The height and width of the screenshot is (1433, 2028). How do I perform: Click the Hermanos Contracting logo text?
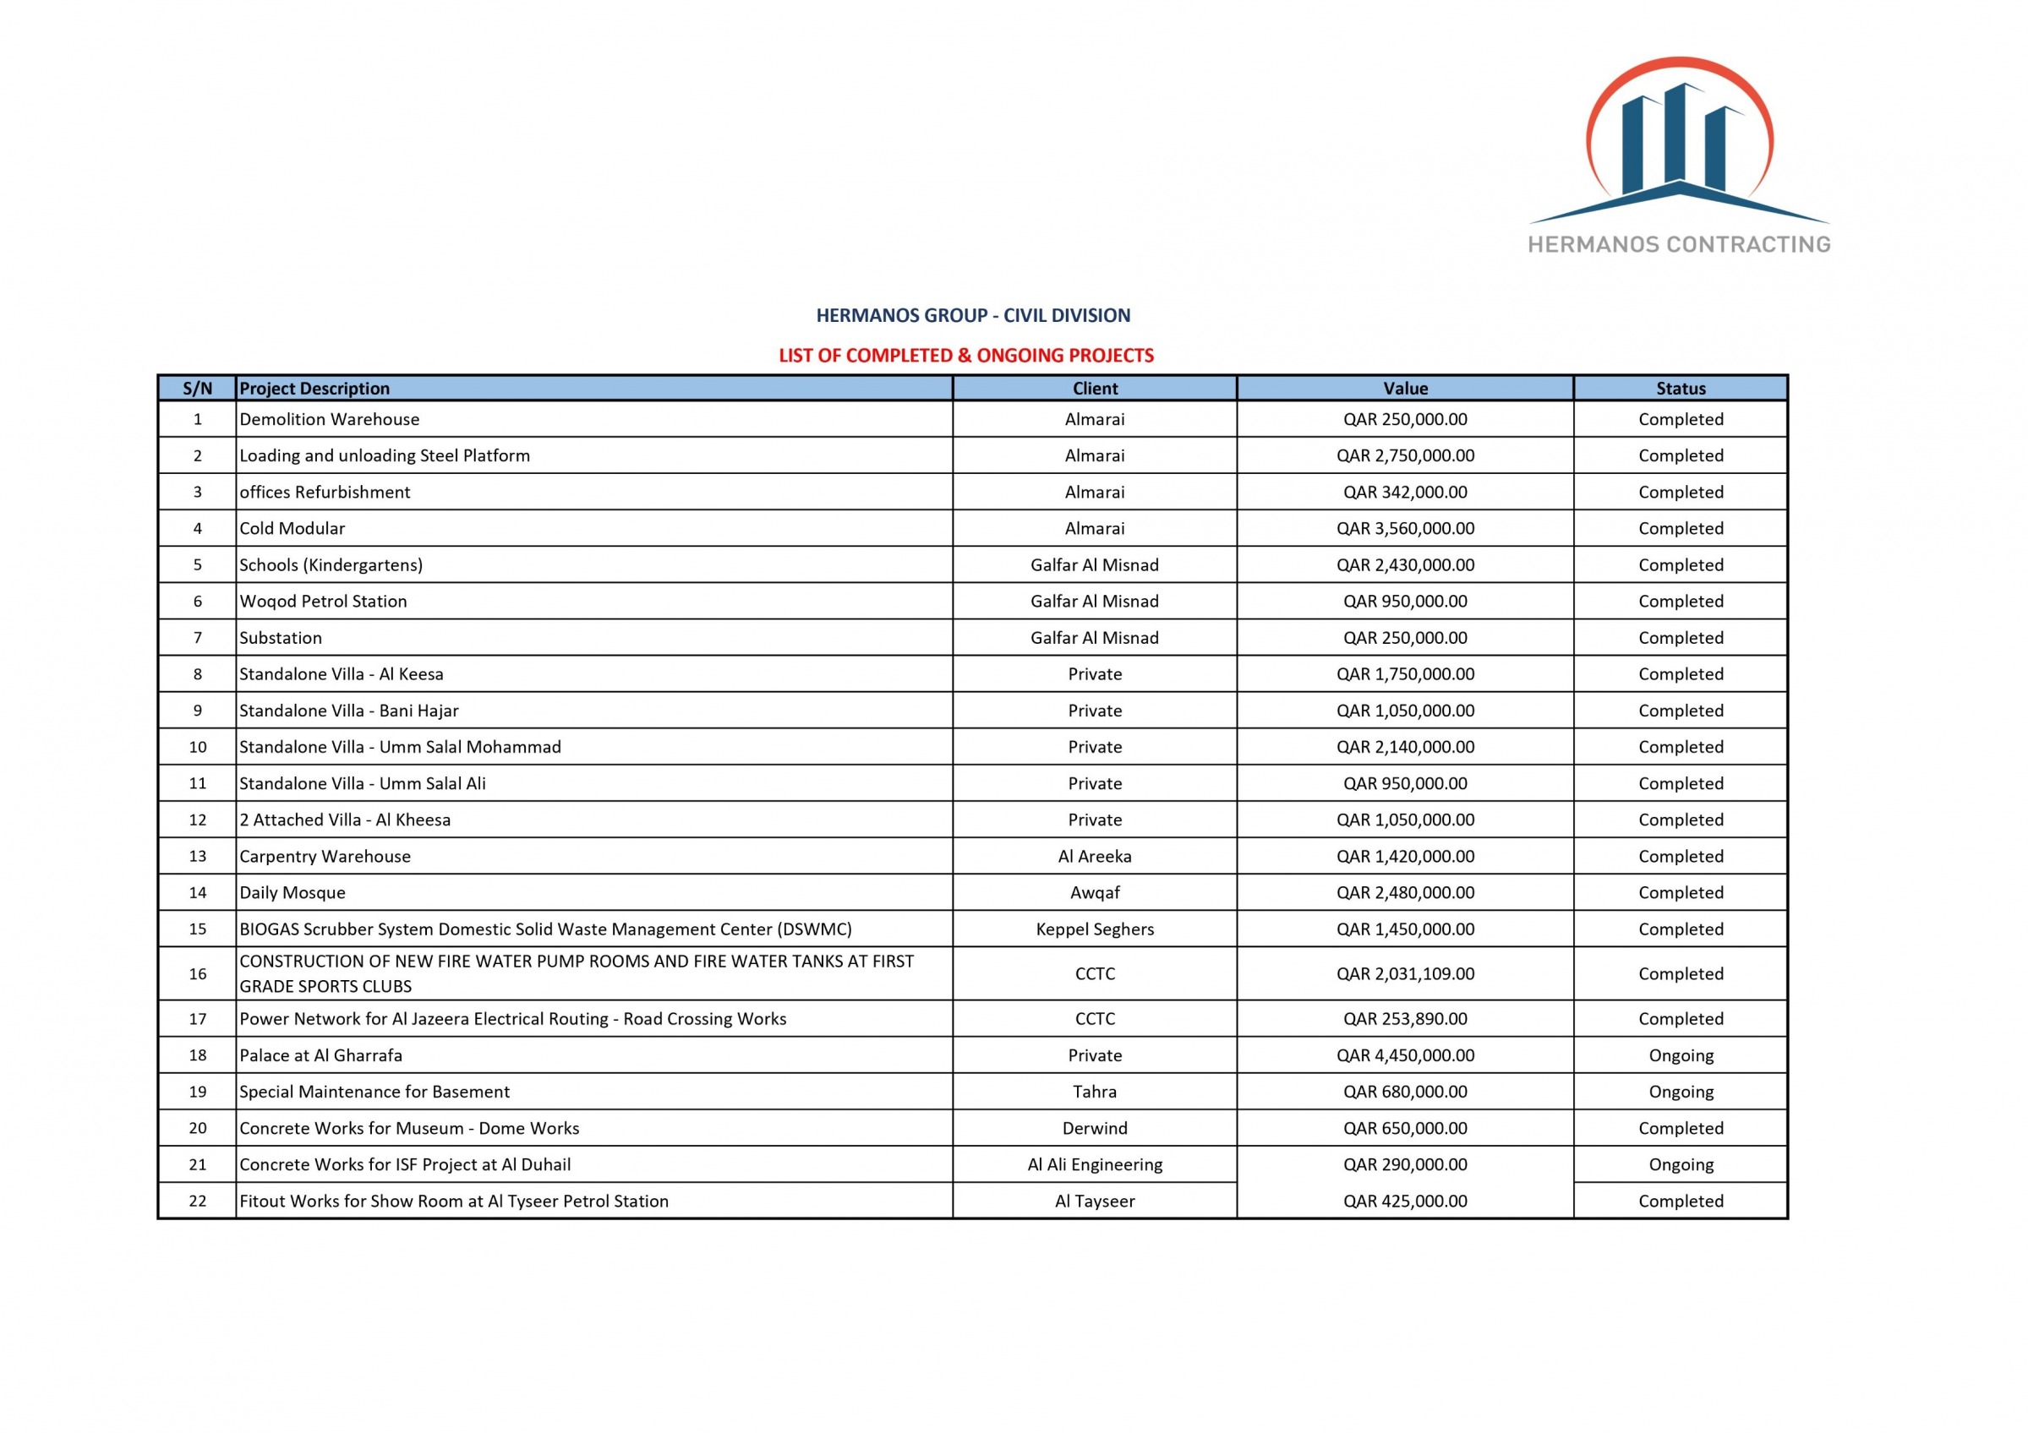tap(1678, 244)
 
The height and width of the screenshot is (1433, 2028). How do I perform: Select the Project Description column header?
tap(314, 389)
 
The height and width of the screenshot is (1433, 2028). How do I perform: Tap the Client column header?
tap(1095, 389)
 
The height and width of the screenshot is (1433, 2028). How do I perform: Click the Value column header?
tap(1404, 389)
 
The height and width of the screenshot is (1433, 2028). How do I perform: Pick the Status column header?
tap(1680, 389)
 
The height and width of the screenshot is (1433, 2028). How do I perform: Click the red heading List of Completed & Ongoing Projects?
tap(965, 356)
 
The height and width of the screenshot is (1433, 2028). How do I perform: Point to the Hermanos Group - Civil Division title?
tap(972, 315)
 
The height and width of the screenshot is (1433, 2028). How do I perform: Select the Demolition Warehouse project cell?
tap(330, 419)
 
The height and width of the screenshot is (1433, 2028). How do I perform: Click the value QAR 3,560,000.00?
tap(1404, 529)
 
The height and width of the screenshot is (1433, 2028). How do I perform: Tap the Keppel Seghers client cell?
tap(1095, 929)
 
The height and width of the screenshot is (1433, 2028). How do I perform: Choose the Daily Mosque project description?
tap(292, 892)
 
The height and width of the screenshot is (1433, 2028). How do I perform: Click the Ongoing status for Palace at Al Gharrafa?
tap(1680, 1056)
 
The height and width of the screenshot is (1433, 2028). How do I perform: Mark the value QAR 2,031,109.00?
tap(1404, 974)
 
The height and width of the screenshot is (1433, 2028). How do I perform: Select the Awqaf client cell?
tap(1095, 892)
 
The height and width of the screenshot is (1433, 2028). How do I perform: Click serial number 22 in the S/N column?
tap(197, 1201)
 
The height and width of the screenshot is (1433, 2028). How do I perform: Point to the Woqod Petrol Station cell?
tap(323, 602)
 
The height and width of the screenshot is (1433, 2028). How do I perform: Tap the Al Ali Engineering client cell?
tap(1095, 1165)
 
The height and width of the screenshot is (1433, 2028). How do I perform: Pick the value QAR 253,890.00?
tap(1404, 1019)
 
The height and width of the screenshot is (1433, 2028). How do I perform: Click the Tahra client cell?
tap(1095, 1092)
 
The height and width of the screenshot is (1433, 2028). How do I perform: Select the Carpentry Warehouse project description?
tap(325, 857)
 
